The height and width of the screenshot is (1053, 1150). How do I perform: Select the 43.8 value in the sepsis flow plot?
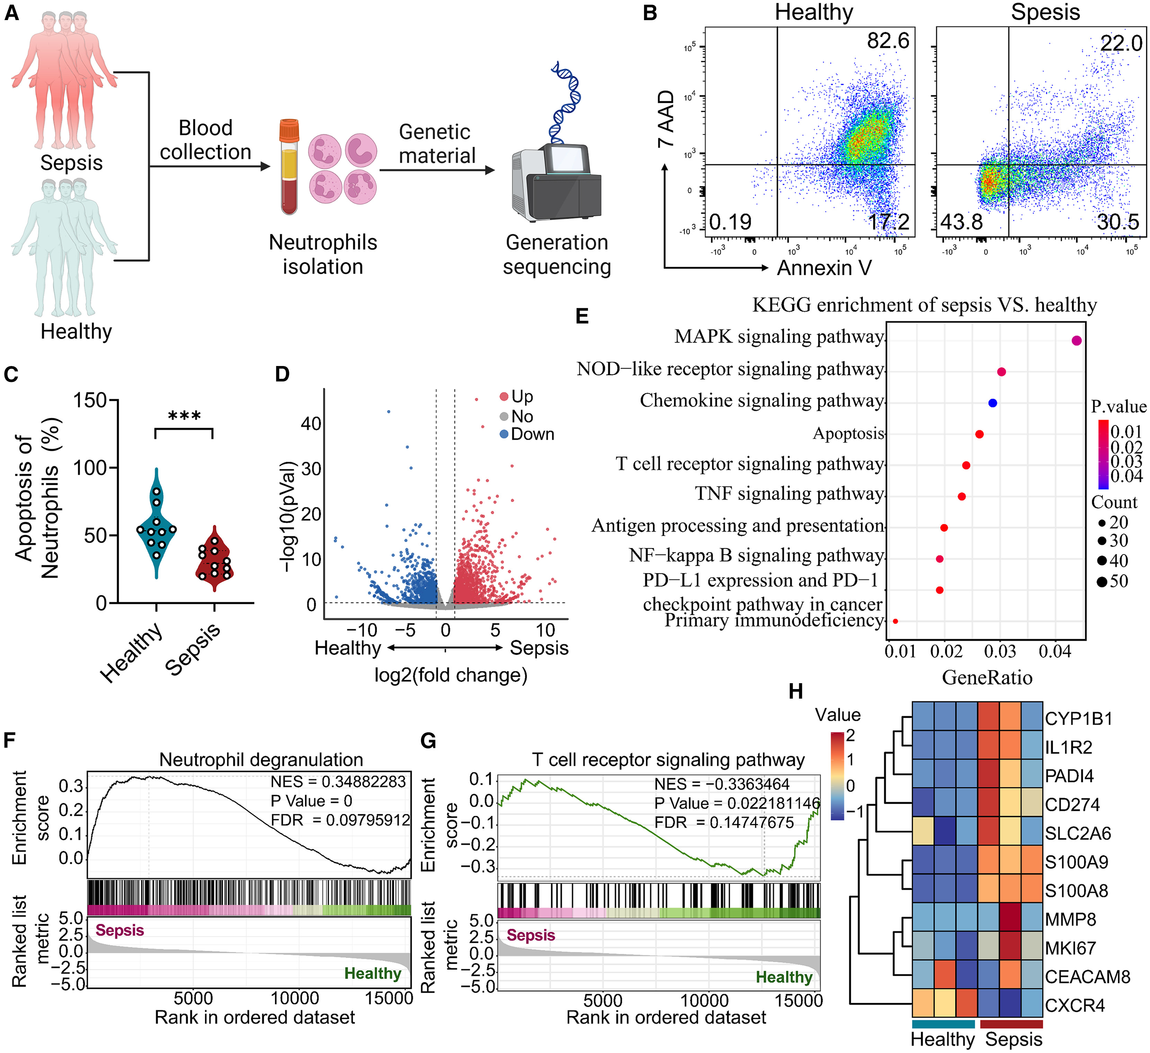click(x=961, y=222)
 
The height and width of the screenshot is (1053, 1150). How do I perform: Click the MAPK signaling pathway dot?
click(x=1076, y=340)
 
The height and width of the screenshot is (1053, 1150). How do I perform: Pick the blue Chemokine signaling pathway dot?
click(x=992, y=403)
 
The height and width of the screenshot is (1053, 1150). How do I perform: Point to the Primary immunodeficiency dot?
click(x=895, y=621)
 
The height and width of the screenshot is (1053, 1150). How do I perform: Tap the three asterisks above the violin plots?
click(x=184, y=416)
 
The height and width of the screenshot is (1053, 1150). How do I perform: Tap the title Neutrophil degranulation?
click(x=261, y=759)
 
